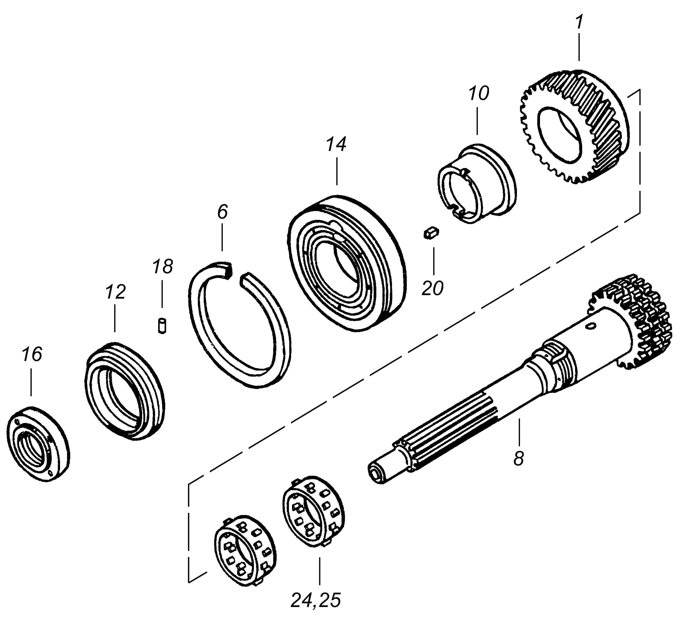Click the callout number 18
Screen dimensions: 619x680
coord(162,266)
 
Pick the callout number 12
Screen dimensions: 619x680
coord(115,292)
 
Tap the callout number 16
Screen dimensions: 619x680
coord(32,355)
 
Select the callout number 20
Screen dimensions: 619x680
coord(433,289)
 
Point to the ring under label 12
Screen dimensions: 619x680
coord(125,391)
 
